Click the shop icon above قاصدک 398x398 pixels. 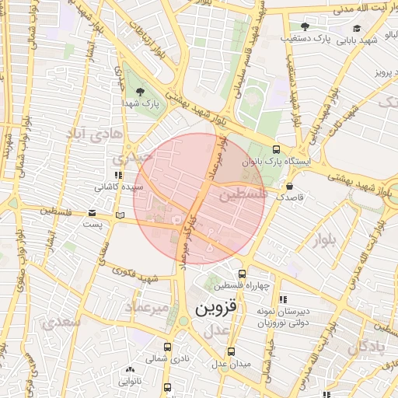click(290, 187)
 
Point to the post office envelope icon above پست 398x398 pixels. click(93, 213)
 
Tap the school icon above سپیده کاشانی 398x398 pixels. click(118, 176)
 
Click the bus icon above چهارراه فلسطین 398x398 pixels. click(242, 274)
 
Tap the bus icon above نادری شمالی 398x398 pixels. click(168, 347)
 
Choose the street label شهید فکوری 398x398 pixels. click(138, 275)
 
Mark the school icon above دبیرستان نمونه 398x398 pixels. click(282, 298)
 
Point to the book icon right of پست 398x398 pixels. click(118, 214)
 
